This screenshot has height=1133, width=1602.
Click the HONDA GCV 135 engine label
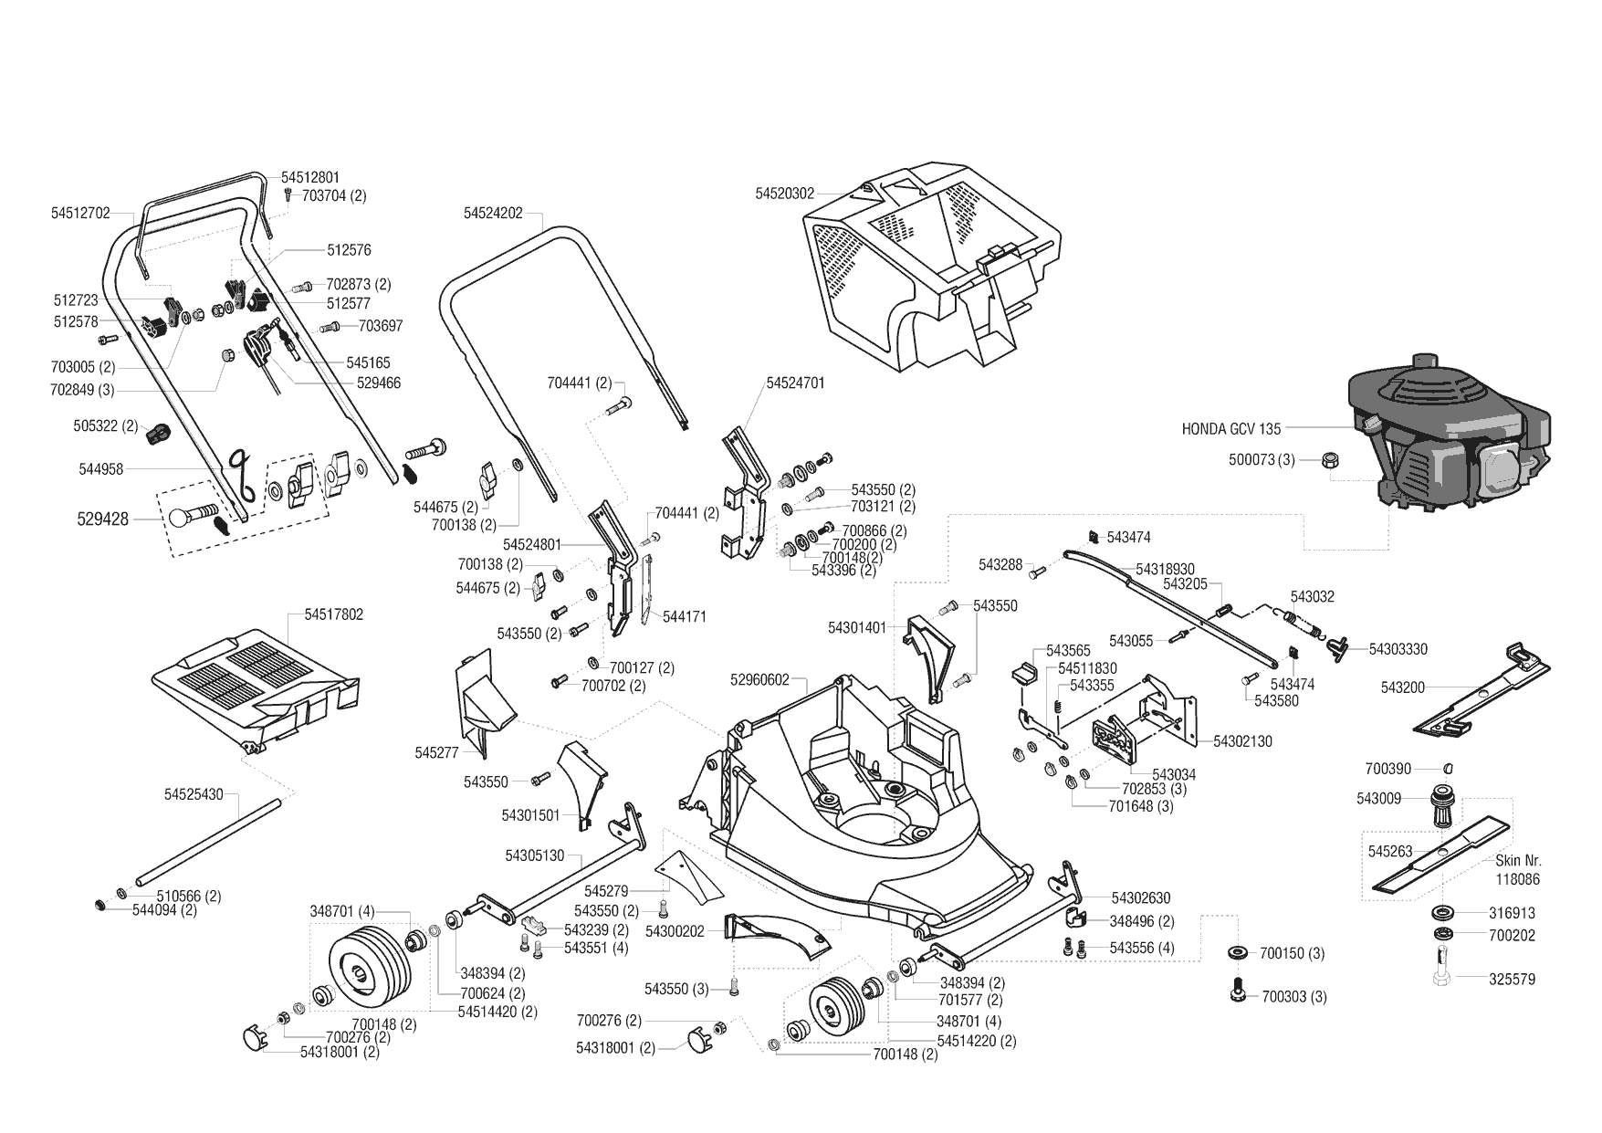pos(1231,428)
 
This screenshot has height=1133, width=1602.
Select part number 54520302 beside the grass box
pos(784,194)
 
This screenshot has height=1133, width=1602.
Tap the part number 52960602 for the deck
pos(759,679)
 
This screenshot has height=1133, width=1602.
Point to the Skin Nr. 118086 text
pos(1518,870)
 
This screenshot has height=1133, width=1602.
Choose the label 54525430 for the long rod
pos(194,794)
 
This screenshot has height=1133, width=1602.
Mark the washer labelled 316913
pos(1443,912)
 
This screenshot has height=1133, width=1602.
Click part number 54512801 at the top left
pos(309,177)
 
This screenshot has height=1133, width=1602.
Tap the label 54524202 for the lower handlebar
pos(493,213)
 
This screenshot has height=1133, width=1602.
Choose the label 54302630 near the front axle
pos(1141,898)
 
